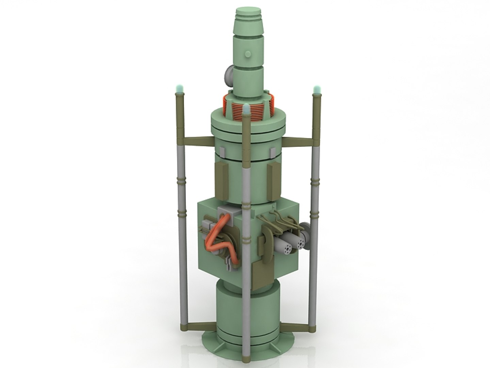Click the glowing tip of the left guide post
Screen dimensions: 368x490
pos(180,89)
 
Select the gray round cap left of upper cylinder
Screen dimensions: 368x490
pos(227,76)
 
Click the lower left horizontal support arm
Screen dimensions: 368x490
pos(197,326)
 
